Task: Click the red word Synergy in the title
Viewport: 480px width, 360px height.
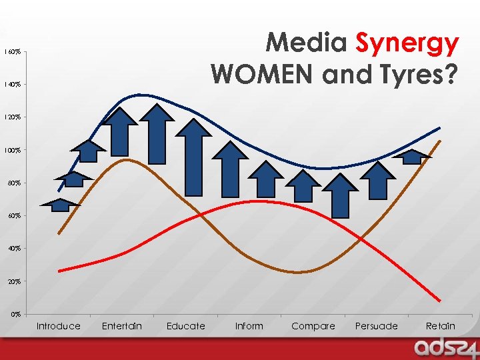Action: click(x=407, y=44)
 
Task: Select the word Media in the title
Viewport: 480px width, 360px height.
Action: click(x=307, y=44)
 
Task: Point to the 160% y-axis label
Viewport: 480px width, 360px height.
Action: click(x=13, y=51)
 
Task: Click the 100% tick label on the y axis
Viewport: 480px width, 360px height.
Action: click(x=13, y=151)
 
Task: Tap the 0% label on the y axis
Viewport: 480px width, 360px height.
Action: click(x=17, y=314)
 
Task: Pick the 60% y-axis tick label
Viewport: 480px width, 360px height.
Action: click(x=15, y=216)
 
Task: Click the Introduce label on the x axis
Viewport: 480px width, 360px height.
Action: click(x=58, y=326)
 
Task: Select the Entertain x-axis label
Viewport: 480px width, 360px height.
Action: click(x=121, y=326)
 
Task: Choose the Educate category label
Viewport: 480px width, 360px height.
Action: click(x=185, y=326)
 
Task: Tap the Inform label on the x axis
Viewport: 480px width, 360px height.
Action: click(x=249, y=326)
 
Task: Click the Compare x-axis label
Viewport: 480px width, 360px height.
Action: click(x=313, y=326)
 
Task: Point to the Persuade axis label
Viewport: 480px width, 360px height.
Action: click(x=376, y=326)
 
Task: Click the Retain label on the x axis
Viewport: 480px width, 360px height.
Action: click(x=440, y=326)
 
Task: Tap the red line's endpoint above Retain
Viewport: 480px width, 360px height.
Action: click(x=440, y=300)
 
